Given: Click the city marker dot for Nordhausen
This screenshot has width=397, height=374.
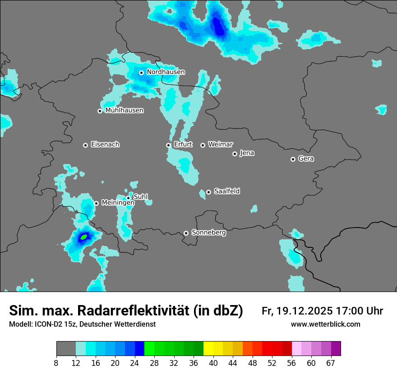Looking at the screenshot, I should tap(141, 73).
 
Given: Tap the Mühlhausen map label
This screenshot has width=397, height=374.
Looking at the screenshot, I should tap(125, 110).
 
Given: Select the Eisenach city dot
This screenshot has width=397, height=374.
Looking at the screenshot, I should tap(85, 145).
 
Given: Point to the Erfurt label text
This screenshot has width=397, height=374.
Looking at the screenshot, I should tap(183, 145).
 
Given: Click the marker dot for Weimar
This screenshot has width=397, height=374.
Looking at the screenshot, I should tap(203, 145).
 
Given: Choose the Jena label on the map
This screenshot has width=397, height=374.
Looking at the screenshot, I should tap(247, 153).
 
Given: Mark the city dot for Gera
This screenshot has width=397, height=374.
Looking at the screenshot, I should tap(293, 159).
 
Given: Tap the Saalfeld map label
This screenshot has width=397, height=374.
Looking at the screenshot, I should tap(227, 192).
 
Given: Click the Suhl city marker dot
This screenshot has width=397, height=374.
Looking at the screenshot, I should tap(128, 197).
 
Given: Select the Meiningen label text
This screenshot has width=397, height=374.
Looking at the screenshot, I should tap(118, 203).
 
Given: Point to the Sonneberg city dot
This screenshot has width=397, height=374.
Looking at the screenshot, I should tap(186, 233).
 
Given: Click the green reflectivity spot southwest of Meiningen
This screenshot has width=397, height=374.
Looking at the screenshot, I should tap(83, 236).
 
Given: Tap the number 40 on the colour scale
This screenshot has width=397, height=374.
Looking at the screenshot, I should tap(213, 362).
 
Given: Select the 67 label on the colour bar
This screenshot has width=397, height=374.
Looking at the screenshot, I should tap(331, 362).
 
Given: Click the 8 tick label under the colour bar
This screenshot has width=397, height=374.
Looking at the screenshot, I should tap(56, 362).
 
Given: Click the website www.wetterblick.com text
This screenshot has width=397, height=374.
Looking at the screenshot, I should tap(326, 324).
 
